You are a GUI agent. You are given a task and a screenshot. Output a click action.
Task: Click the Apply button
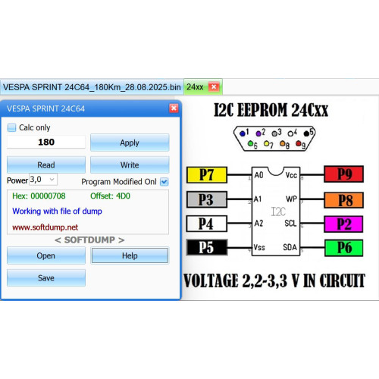tap(130, 143)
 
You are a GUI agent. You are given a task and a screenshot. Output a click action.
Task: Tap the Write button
tap(130, 164)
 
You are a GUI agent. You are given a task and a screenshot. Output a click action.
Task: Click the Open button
tap(46, 255)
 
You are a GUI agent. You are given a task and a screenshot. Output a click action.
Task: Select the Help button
tap(130, 255)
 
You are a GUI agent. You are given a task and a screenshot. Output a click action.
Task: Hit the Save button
tap(46, 277)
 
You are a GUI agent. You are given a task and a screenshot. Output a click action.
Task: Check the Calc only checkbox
tap(11, 127)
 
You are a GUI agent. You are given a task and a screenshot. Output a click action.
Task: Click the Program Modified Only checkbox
tap(164, 182)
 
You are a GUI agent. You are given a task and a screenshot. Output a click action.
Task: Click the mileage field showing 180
tap(46, 142)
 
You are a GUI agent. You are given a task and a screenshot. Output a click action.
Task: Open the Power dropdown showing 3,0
tap(43, 180)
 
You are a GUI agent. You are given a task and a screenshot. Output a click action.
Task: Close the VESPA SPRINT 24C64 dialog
tap(174, 108)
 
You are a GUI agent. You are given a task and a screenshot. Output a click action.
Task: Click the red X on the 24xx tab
tap(214, 87)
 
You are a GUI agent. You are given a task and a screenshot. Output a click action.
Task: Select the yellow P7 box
tap(207, 174)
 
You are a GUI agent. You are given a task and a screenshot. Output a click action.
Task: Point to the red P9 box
tap(344, 174)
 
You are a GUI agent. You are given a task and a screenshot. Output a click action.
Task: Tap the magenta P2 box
tap(343, 224)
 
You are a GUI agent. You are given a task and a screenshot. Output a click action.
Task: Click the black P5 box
tap(207, 247)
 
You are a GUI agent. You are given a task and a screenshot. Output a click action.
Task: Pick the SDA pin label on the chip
tap(290, 247)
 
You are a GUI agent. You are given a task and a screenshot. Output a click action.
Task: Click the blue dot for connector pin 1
tap(243, 133)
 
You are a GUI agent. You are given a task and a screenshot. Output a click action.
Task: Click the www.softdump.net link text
tap(45, 227)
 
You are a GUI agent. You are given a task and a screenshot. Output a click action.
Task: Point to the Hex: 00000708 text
tap(39, 196)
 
